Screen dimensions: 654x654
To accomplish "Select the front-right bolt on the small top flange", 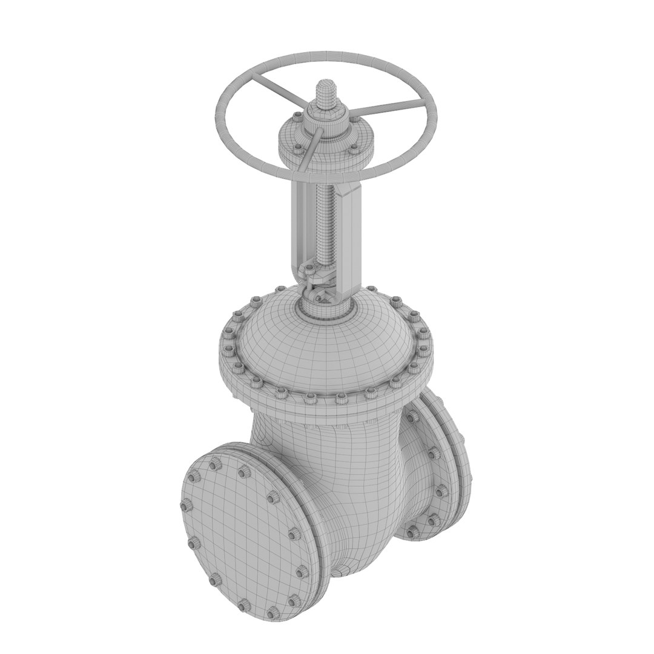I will pos(353,147).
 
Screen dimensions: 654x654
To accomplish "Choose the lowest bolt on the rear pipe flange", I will pos(412,532).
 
